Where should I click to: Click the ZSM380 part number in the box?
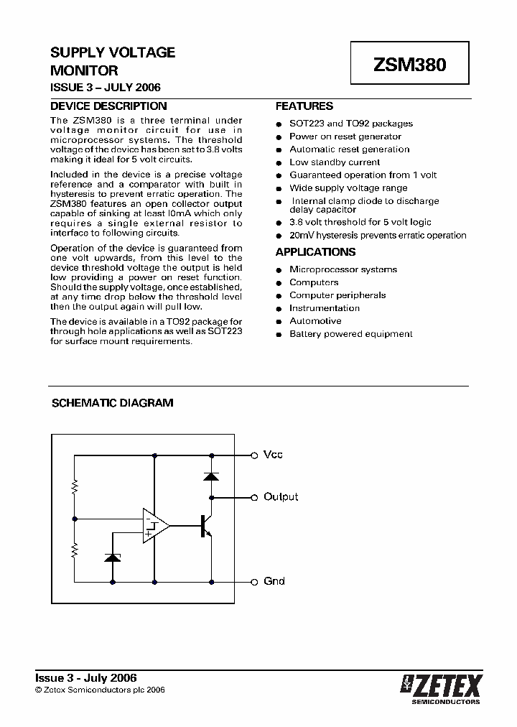(x=409, y=65)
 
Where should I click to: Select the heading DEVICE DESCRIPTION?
(x=108, y=106)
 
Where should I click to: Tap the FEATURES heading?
(x=304, y=106)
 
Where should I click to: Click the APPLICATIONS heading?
(x=315, y=252)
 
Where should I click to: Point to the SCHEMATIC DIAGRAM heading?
(x=113, y=403)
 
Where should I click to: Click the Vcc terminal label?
(x=273, y=455)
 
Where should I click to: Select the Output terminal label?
(x=281, y=496)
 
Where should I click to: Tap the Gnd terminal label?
(x=274, y=581)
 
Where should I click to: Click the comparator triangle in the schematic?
(x=155, y=527)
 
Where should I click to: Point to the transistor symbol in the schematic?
(x=206, y=527)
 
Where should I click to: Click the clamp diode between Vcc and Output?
(x=211, y=476)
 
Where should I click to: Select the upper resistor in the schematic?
(x=75, y=488)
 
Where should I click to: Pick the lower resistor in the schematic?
(x=75, y=551)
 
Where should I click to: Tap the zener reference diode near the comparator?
(x=113, y=557)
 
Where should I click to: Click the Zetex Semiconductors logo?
(x=441, y=688)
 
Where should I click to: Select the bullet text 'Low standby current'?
(x=335, y=162)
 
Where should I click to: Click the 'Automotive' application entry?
(x=315, y=321)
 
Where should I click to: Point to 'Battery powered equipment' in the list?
(x=350, y=334)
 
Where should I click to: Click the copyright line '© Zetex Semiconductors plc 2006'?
(x=101, y=690)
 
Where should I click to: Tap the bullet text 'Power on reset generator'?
(x=345, y=136)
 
